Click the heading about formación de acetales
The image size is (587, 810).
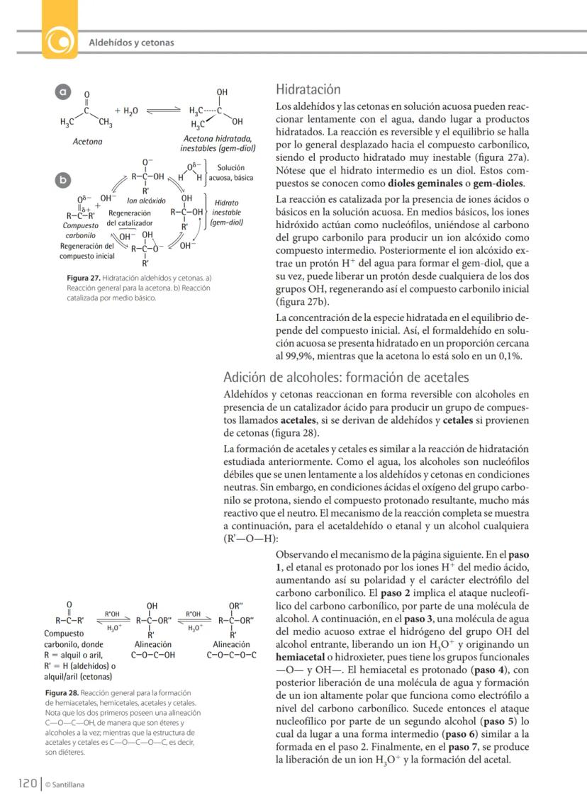point(346,377)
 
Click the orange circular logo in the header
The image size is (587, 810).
point(60,43)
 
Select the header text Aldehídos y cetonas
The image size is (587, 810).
point(131,43)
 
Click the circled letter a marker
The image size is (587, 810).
point(63,92)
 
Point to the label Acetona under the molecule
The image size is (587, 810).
point(88,142)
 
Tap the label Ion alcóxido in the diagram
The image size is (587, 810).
point(147,201)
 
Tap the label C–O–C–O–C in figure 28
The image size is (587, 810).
point(233,655)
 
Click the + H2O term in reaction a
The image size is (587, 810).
point(126,111)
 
